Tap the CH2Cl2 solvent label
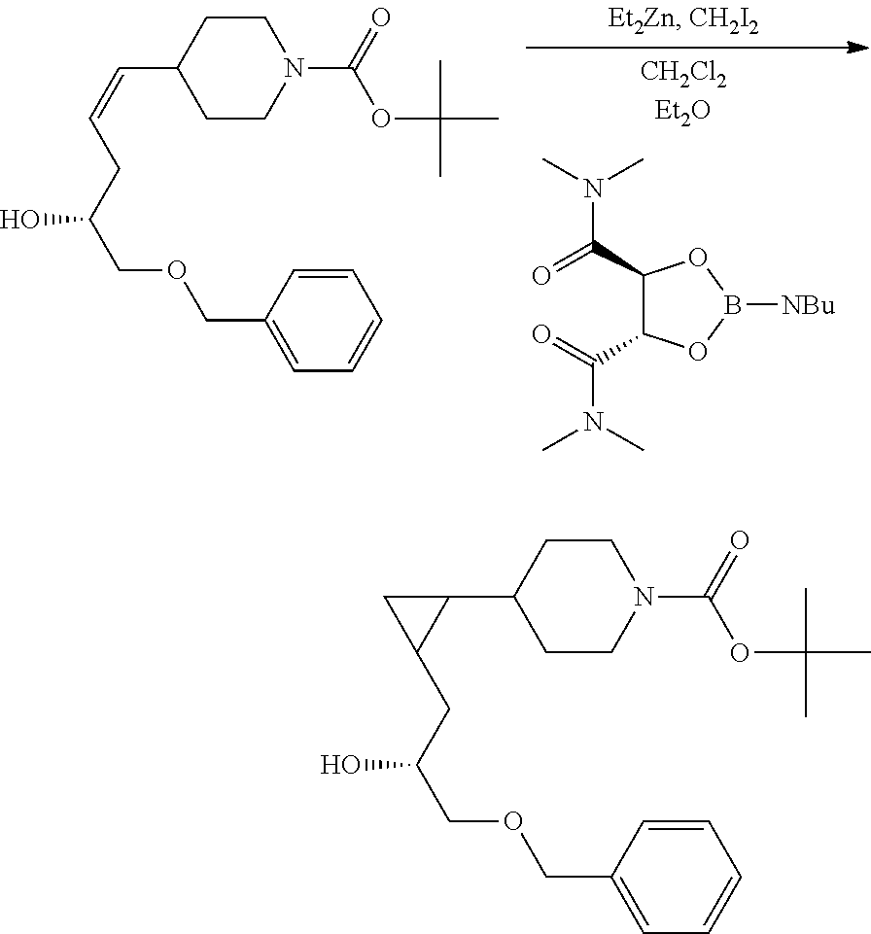[x=682, y=73]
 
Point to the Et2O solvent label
[x=682, y=110]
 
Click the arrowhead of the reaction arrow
[x=858, y=47]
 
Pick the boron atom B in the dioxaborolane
[x=736, y=307]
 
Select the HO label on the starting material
[x=23, y=220]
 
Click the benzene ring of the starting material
[x=324, y=320]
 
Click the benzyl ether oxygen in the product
[x=511, y=822]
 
